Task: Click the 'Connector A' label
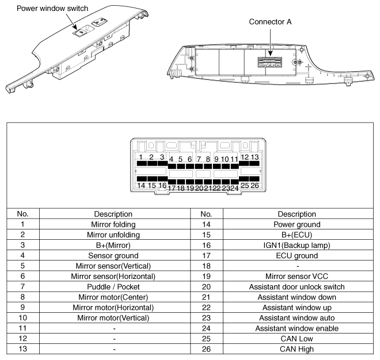click(271, 22)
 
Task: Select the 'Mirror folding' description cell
click(115, 224)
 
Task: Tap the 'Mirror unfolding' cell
click(115, 234)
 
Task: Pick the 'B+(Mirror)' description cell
click(115, 244)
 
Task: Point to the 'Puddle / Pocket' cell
click(115, 286)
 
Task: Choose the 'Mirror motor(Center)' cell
click(115, 297)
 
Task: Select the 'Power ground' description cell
click(297, 224)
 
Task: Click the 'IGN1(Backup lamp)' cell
click(297, 244)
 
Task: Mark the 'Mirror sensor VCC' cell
click(297, 276)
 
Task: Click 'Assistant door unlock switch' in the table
click(297, 286)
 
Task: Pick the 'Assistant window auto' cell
click(297, 317)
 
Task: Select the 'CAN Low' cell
click(297, 339)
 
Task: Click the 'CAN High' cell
click(297, 349)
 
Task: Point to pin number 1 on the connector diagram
click(140, 157)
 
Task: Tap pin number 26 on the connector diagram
click(254, 185)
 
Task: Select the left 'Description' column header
click(115, 213)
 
